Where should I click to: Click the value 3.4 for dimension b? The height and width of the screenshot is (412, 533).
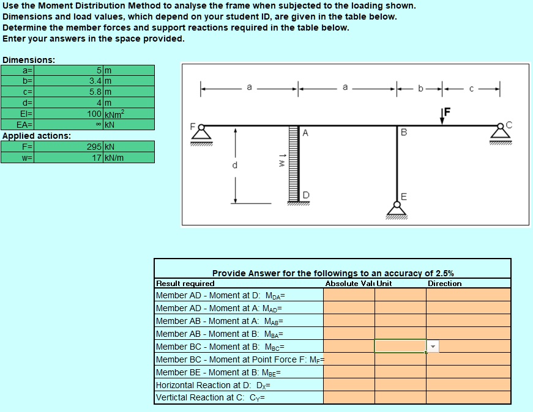[95, 81]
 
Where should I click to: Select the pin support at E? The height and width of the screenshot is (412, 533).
[396, 209]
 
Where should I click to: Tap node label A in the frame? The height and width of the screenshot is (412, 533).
[305, 133]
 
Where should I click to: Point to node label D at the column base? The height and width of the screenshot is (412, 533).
[305, 195]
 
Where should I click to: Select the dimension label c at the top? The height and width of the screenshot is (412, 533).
[471, 89]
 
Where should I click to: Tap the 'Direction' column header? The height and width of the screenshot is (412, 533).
[444, 284]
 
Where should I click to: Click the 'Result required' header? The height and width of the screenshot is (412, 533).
[185, 284]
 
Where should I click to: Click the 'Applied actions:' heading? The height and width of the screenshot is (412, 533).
[37, 136]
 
